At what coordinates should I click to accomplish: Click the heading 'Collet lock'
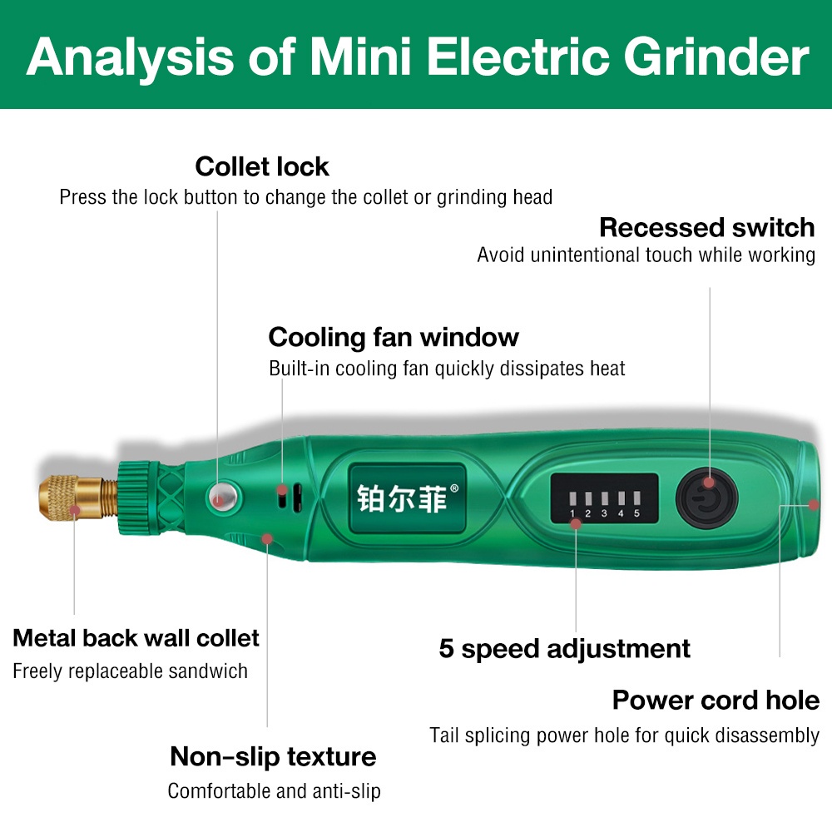coord(262,166)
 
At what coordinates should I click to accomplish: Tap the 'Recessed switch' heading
coord(706,227)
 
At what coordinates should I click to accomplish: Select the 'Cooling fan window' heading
coord(393,337)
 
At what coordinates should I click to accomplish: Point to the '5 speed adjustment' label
coord(564,648)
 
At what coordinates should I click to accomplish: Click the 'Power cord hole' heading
coord(716,700)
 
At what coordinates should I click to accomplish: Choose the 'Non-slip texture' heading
coord(273,756)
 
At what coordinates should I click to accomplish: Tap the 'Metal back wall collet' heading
coord(136,638)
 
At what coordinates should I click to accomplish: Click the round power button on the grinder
coord(707,498)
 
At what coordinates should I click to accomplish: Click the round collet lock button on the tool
coord(220,497)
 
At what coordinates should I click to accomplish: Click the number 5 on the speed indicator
coord(637,513)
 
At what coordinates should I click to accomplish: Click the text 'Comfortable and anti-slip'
coord(275,790)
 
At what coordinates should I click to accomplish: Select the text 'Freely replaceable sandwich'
coord(130,671)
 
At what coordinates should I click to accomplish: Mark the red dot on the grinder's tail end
coord(814,503)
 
